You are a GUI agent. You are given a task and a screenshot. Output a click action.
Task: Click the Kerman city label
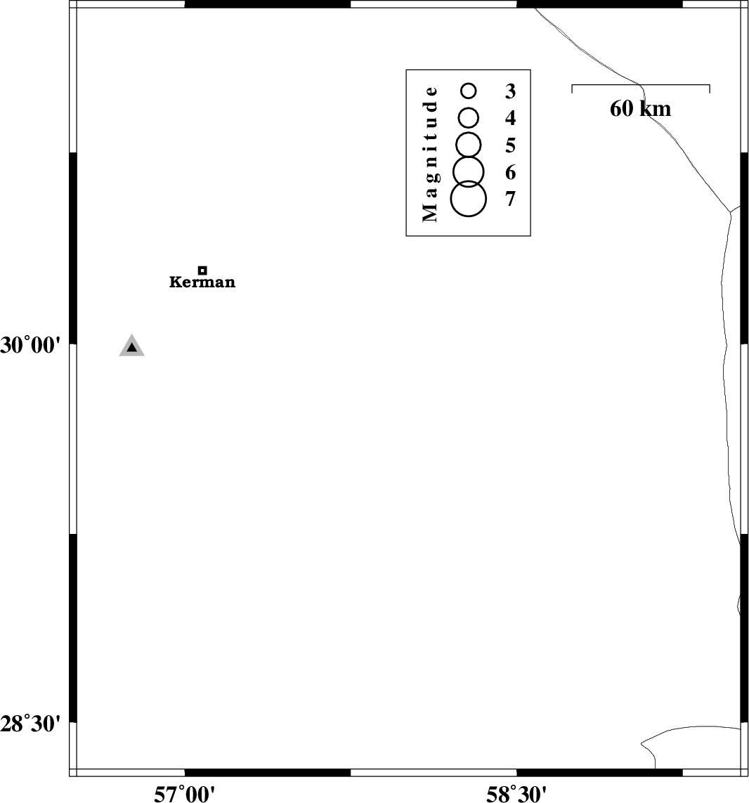click(202, 282)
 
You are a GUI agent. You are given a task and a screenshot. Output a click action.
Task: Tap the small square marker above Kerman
click(202, 270)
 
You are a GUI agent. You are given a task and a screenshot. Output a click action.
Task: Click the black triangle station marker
click(131, 347)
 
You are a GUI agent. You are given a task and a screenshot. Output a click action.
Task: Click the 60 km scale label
click(640, 109)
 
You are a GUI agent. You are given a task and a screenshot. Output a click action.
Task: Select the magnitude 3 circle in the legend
click(468, 91)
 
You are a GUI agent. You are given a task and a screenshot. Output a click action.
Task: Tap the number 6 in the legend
click(510, 173)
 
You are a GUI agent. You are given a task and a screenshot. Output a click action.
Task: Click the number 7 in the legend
click(510, 199)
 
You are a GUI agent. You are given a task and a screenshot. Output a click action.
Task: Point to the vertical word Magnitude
click(430, 154)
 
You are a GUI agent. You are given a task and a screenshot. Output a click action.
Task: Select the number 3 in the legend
click(510, 91)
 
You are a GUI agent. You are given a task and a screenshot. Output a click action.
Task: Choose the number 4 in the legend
click(510, 118)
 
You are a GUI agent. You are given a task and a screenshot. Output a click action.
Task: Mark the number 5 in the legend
click(510, 145)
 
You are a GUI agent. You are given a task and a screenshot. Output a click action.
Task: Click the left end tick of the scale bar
click(572, 89)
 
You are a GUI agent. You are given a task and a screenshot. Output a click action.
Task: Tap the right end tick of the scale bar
click(710, 89)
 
